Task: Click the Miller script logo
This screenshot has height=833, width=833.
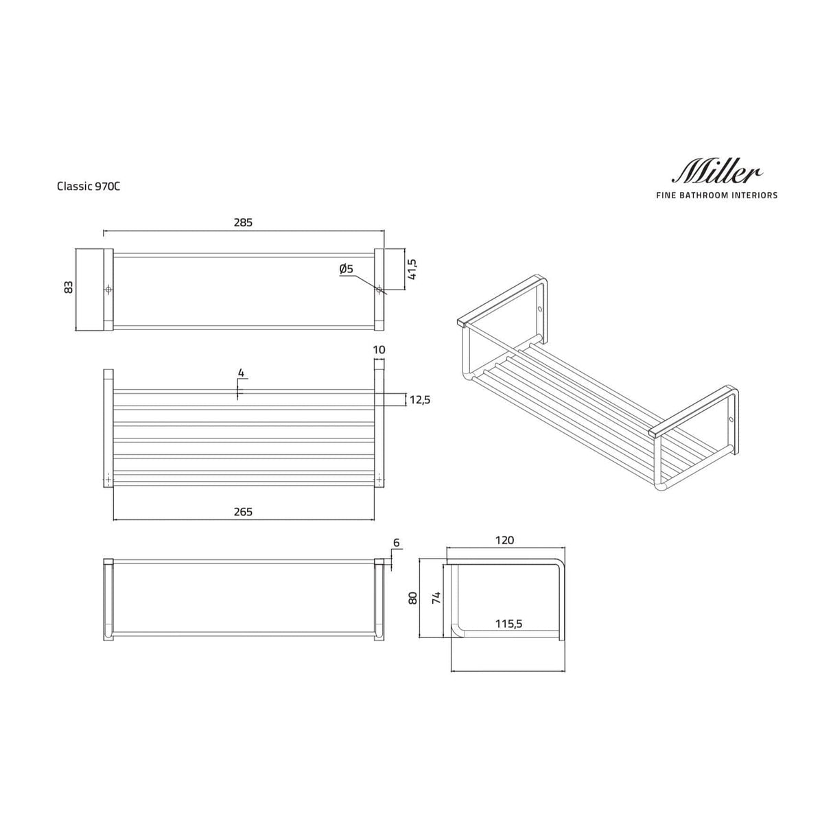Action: [x=718, y=172]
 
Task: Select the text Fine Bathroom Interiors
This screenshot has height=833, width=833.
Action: [x=717, y=196]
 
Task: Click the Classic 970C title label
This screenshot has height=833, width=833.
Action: [x=89, y=186]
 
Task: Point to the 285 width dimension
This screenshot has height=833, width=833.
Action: [x=243, y=222]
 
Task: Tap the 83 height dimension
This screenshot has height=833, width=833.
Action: [x=68, y=288]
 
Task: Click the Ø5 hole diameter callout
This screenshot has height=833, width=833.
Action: [x=346, y=270]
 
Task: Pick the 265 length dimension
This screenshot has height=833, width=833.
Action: [x=243, y=512]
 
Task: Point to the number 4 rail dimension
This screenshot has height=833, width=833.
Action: [x=240, y=373]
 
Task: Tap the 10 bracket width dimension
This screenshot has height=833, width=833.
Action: [x=379, y=350]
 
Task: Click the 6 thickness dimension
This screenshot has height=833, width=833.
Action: [x=396, y=543]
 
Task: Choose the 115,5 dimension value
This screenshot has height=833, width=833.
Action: [x=509, y=624]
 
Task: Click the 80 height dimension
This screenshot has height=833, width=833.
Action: [x=412, y=598]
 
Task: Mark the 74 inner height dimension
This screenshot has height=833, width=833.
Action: [x=435, y=598]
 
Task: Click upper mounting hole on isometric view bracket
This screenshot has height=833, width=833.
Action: [x=539, y=309]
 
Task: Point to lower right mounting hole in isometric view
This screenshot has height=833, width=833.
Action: [x=731, y=418]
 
